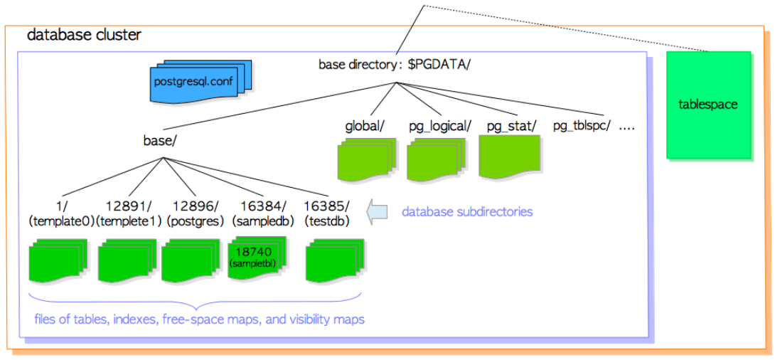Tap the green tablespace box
(708, 105)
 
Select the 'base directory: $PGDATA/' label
(395, 65)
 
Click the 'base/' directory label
(160, 141)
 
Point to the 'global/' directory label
(365, 127)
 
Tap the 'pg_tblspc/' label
(582, 127)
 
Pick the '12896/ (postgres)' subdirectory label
(193, 213)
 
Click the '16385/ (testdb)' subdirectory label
(327, 213)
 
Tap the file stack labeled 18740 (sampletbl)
(255, 259)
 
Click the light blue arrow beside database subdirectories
(377, 211)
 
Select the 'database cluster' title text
(84, 35)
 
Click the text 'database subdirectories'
(467, 212)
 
